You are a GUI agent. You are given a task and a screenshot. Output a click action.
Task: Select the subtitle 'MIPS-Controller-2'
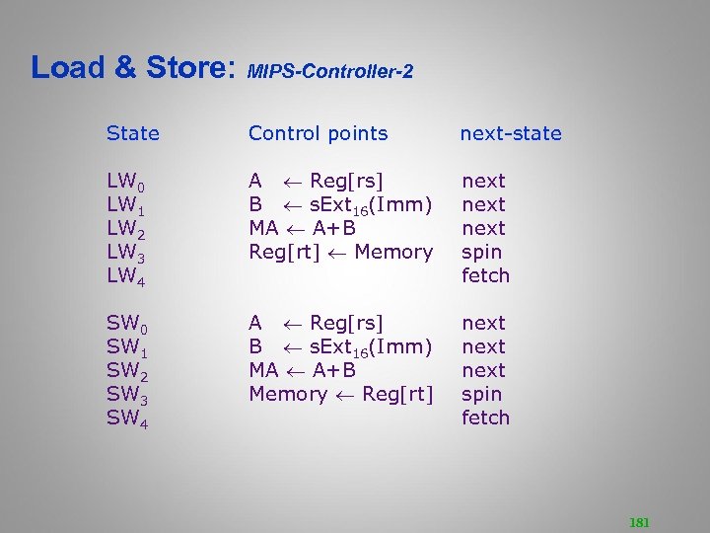click(329, 72)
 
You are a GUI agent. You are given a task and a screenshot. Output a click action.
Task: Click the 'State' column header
click(133, 133)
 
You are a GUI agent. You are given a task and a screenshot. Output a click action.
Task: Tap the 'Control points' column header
click(318, 133)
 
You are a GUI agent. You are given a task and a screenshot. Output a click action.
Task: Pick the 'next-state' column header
click(511, 133)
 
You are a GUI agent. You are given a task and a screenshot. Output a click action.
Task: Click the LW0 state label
click(126, 182)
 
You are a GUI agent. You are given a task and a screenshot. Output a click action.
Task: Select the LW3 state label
click(126, 253)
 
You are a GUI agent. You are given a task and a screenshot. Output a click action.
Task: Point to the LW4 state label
click(126, 276)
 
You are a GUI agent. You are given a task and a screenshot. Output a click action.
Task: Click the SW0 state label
click(126, 324)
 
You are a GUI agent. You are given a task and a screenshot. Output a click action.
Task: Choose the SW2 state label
click(126, 371)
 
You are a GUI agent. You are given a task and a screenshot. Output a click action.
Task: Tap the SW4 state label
click(126, 419)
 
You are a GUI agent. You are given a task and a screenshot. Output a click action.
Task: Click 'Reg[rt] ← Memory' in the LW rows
click(340, 252)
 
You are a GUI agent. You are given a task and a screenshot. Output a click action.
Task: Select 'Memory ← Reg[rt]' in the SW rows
click(340, 394)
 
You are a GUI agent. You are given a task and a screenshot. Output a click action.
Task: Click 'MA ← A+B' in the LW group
click(302, 228)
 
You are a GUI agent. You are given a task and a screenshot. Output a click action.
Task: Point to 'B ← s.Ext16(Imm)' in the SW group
click(340, 347)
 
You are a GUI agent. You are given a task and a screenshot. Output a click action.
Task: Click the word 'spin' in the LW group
click(481, 252)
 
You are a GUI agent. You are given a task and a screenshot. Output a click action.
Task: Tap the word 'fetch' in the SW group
click(485, 418)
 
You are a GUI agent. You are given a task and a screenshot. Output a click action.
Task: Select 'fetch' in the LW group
click(485, 275)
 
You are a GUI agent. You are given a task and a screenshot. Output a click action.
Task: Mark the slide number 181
click(639, 522)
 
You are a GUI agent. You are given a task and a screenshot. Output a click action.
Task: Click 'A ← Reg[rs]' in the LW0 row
click(316, 181)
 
